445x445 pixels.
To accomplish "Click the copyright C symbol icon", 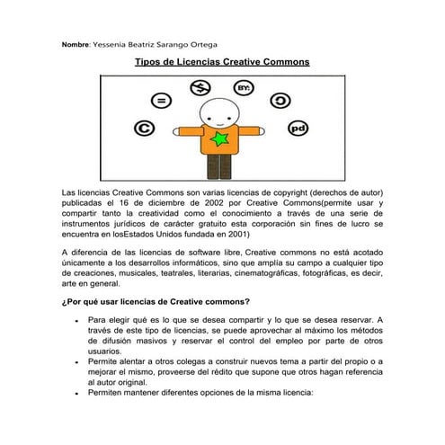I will [x=142, y=129].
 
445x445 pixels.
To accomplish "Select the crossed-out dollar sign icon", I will [x=200, y=87].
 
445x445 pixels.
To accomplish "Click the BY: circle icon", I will [x=244, y=87].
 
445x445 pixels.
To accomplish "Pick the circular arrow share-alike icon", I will [x=281, y=100].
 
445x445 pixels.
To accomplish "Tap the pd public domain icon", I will [x=298, y=129].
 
